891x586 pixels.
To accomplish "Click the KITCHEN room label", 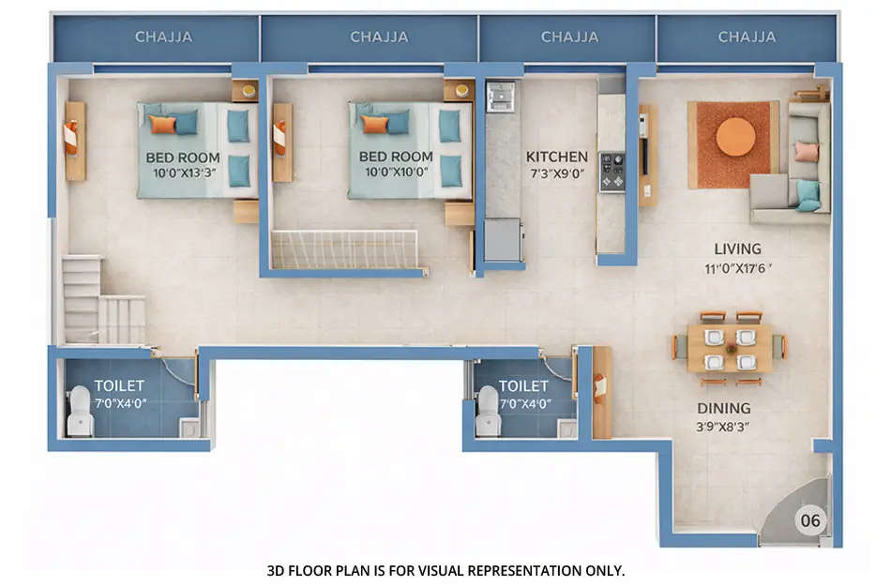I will tap(556, 157).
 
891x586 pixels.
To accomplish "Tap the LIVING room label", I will tap(737, 249).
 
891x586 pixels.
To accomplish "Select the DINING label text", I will tap(723, 409).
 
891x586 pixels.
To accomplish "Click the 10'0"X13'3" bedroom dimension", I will tap(183, 173).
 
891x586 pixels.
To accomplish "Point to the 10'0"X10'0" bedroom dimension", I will tap(396, 173).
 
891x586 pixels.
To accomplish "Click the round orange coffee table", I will tap(735, 137).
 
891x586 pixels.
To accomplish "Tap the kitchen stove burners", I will tap(612, 172).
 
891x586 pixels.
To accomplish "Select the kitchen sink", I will tap(500, 96).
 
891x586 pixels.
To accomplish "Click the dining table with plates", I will tap(729, 348).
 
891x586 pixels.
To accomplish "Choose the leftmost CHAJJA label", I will tap(163, 38).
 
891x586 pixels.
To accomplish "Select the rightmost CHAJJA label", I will tap(747, 38).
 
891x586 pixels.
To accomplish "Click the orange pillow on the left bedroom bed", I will tap(162, 124).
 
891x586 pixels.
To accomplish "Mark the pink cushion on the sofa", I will tap(806, 152).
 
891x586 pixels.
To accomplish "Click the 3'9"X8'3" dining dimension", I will tap(723, 426).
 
